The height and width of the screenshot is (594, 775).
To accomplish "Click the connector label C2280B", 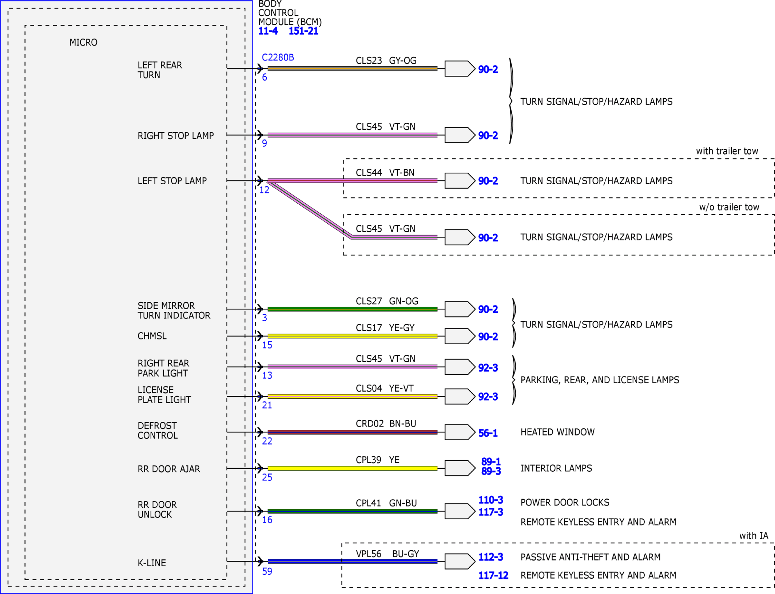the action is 278,57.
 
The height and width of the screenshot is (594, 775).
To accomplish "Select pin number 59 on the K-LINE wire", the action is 267,571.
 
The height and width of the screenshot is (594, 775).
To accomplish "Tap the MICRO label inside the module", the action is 83,42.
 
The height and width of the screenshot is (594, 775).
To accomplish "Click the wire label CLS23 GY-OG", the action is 386,60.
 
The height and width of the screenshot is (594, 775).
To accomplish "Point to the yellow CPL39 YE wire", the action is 352,468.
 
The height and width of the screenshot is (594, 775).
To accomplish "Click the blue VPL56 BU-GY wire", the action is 352,561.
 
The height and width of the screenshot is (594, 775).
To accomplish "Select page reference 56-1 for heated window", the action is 488,433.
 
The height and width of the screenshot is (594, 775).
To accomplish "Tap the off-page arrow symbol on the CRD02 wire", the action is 460,432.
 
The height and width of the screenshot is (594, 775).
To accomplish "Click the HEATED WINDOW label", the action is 557,432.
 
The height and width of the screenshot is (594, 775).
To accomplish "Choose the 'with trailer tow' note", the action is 727,151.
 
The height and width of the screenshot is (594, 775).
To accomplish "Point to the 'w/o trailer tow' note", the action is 729,207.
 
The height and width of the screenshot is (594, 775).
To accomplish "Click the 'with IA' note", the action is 754,536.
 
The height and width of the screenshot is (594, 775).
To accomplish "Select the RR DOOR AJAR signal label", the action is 169,469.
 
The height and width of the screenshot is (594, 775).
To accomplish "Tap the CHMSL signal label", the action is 152,336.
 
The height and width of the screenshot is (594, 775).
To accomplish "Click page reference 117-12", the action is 493,575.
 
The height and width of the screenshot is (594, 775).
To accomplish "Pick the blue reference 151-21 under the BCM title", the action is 303,31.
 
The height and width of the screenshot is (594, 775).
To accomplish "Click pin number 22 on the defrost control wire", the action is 267,441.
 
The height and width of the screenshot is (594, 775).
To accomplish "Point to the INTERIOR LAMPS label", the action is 556,468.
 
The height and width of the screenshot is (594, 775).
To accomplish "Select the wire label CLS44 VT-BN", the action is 385,173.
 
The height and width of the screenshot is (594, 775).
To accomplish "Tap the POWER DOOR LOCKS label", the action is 565,502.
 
